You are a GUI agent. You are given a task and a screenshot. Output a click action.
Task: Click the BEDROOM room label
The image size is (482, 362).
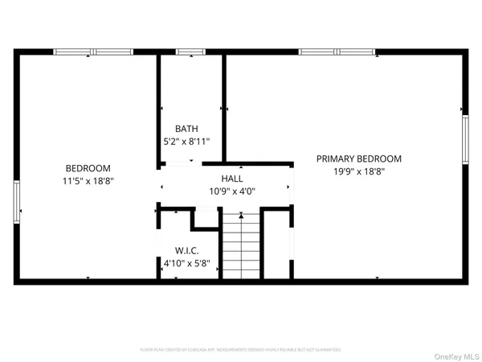pos(88,168)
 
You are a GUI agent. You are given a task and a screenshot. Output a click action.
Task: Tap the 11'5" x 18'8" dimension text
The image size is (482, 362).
pos(88,182)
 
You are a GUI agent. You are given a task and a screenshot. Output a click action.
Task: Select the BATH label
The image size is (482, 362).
pos(186,129)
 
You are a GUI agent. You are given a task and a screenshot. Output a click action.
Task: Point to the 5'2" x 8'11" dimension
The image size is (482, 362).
pos(186,142)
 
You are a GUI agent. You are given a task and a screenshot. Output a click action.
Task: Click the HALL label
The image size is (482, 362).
pos(232,179)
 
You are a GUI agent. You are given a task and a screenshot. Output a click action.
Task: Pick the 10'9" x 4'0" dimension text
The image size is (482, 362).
pos(232,191)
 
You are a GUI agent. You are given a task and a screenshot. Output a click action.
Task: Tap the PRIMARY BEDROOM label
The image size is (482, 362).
pos(358,158)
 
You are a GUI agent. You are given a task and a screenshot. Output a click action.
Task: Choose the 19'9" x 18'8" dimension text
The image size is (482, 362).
pos(358,172)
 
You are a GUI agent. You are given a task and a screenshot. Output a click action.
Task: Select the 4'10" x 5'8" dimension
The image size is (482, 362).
pos(186,262)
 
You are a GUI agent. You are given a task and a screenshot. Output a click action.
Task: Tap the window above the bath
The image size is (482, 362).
pos(190,52)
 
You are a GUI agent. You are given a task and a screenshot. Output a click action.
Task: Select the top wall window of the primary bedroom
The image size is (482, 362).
pos(337,52)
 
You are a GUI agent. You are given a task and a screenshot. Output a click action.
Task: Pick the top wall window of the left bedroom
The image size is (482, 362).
pos(92,52)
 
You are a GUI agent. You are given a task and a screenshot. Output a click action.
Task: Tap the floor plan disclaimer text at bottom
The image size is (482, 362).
pos(241,350)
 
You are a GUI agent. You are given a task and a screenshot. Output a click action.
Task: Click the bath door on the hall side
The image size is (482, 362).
pos(178,162)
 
